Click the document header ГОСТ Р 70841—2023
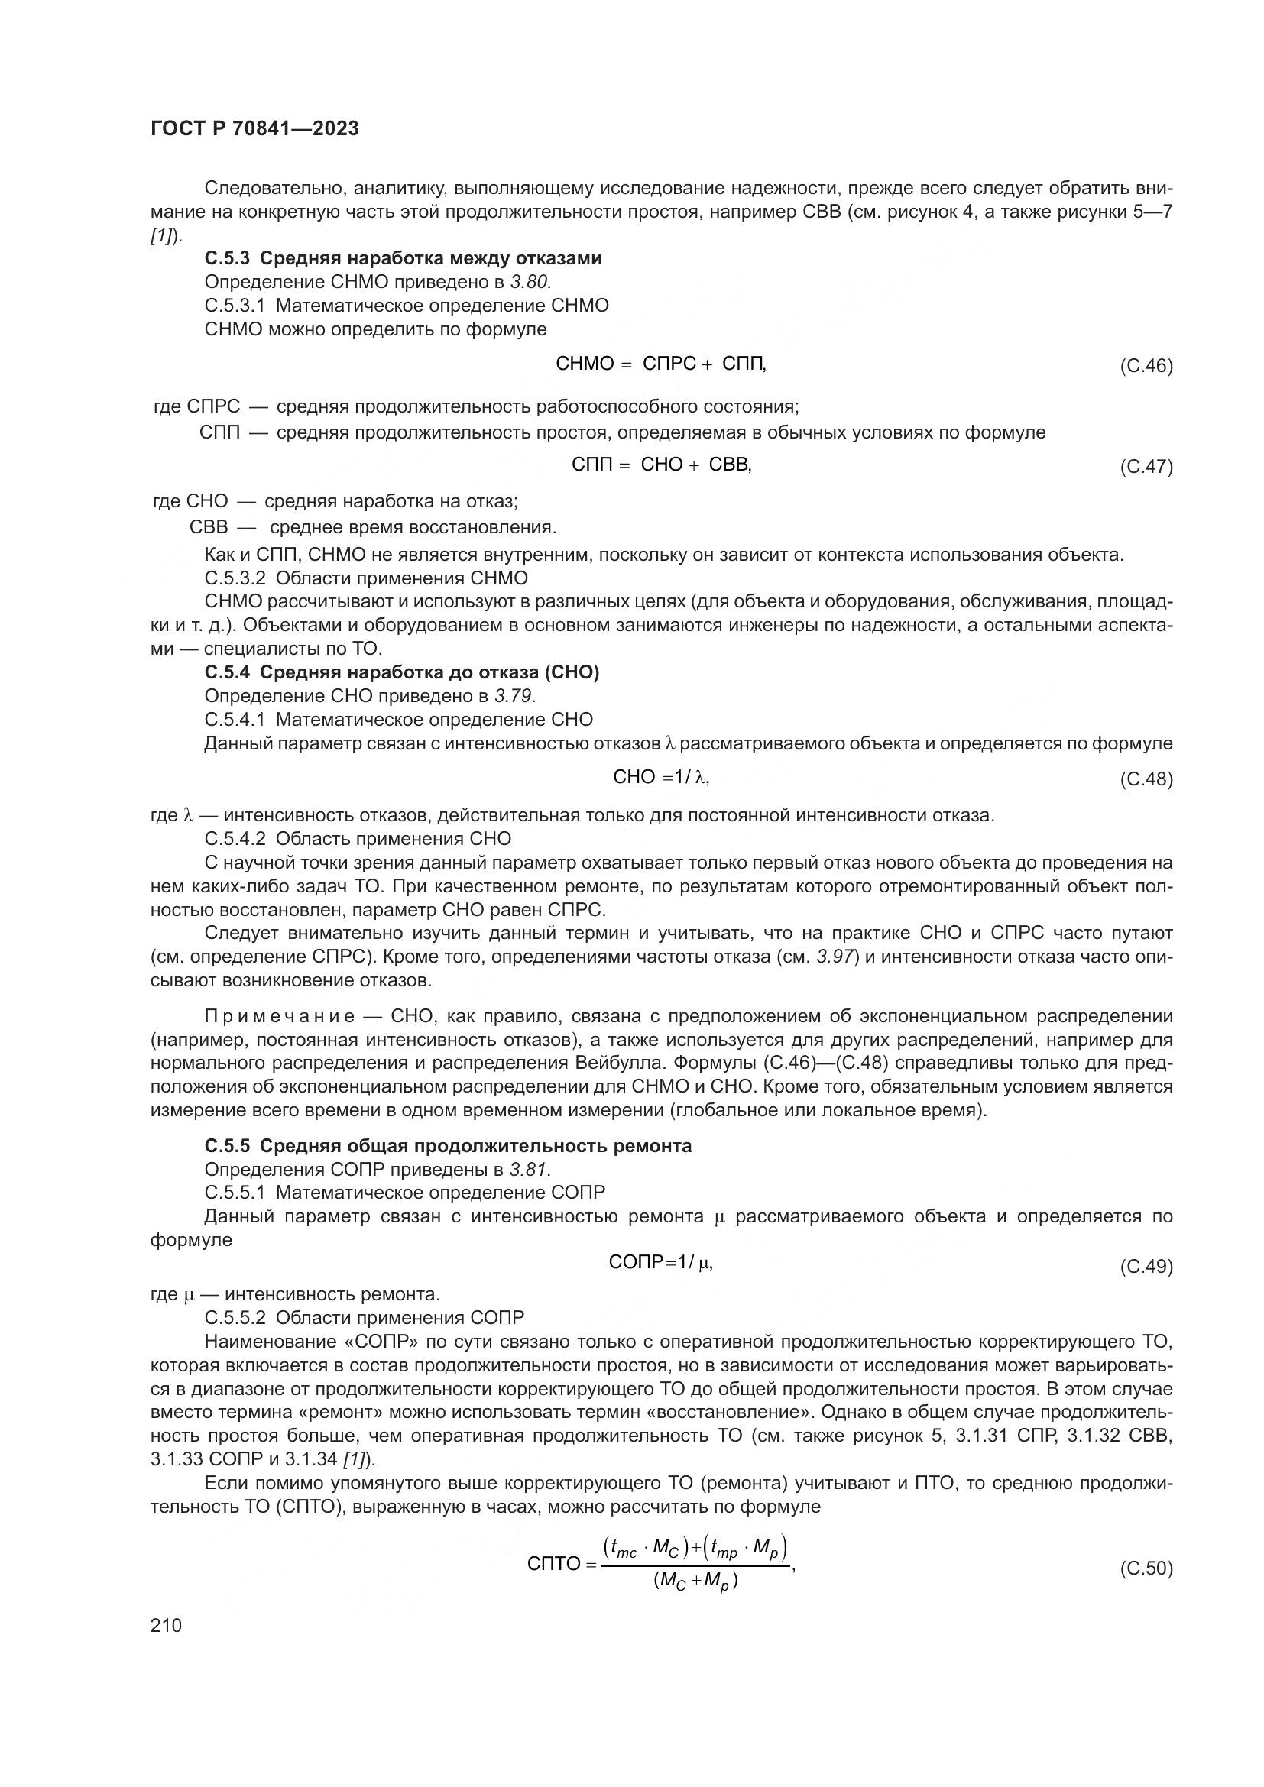[254, 128]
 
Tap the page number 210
[166, 1625]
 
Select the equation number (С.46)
[1146, 366]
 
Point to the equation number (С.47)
[1146, 466]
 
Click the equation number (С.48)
[1146, 779]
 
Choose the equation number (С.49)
[1146, 1266]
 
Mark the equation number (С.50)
[1146, 1568]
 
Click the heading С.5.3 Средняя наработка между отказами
[403, 258]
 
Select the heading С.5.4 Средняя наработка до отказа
[402, 672]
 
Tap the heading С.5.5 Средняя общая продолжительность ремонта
[448, 1146]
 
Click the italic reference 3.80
[531, 282]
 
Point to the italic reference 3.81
[530, 1169]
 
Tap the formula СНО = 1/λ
[661, 777]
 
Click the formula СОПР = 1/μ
[661, 1262]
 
